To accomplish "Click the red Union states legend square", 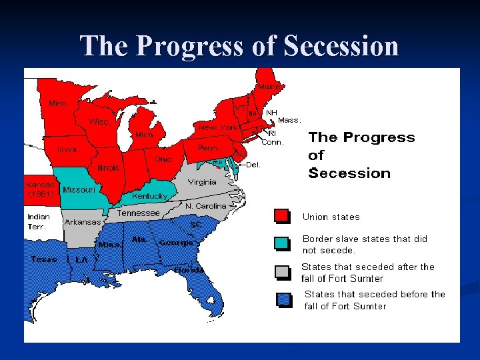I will tap(282, 216).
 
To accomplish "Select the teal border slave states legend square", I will tap(282, 243).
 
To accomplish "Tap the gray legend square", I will tap(282, 271).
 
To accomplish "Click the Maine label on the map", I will tap(270, 87).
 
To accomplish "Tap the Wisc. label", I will tap(100, 122).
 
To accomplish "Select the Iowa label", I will tap(66, 149).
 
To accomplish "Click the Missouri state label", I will tap(79, 189).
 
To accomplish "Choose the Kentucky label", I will tap(149, 196).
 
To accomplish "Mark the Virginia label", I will tap(201, 182).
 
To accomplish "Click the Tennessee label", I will tap(139, 213).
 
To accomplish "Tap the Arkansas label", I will tap(83, 222).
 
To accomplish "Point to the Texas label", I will tap(44, 259).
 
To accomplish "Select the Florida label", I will tap(189, 270).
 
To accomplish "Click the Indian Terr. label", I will tap(38, 221).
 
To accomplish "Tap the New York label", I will tap(218, 127).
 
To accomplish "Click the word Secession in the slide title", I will tap(341, 46).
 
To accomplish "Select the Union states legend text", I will tap(331, 217).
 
